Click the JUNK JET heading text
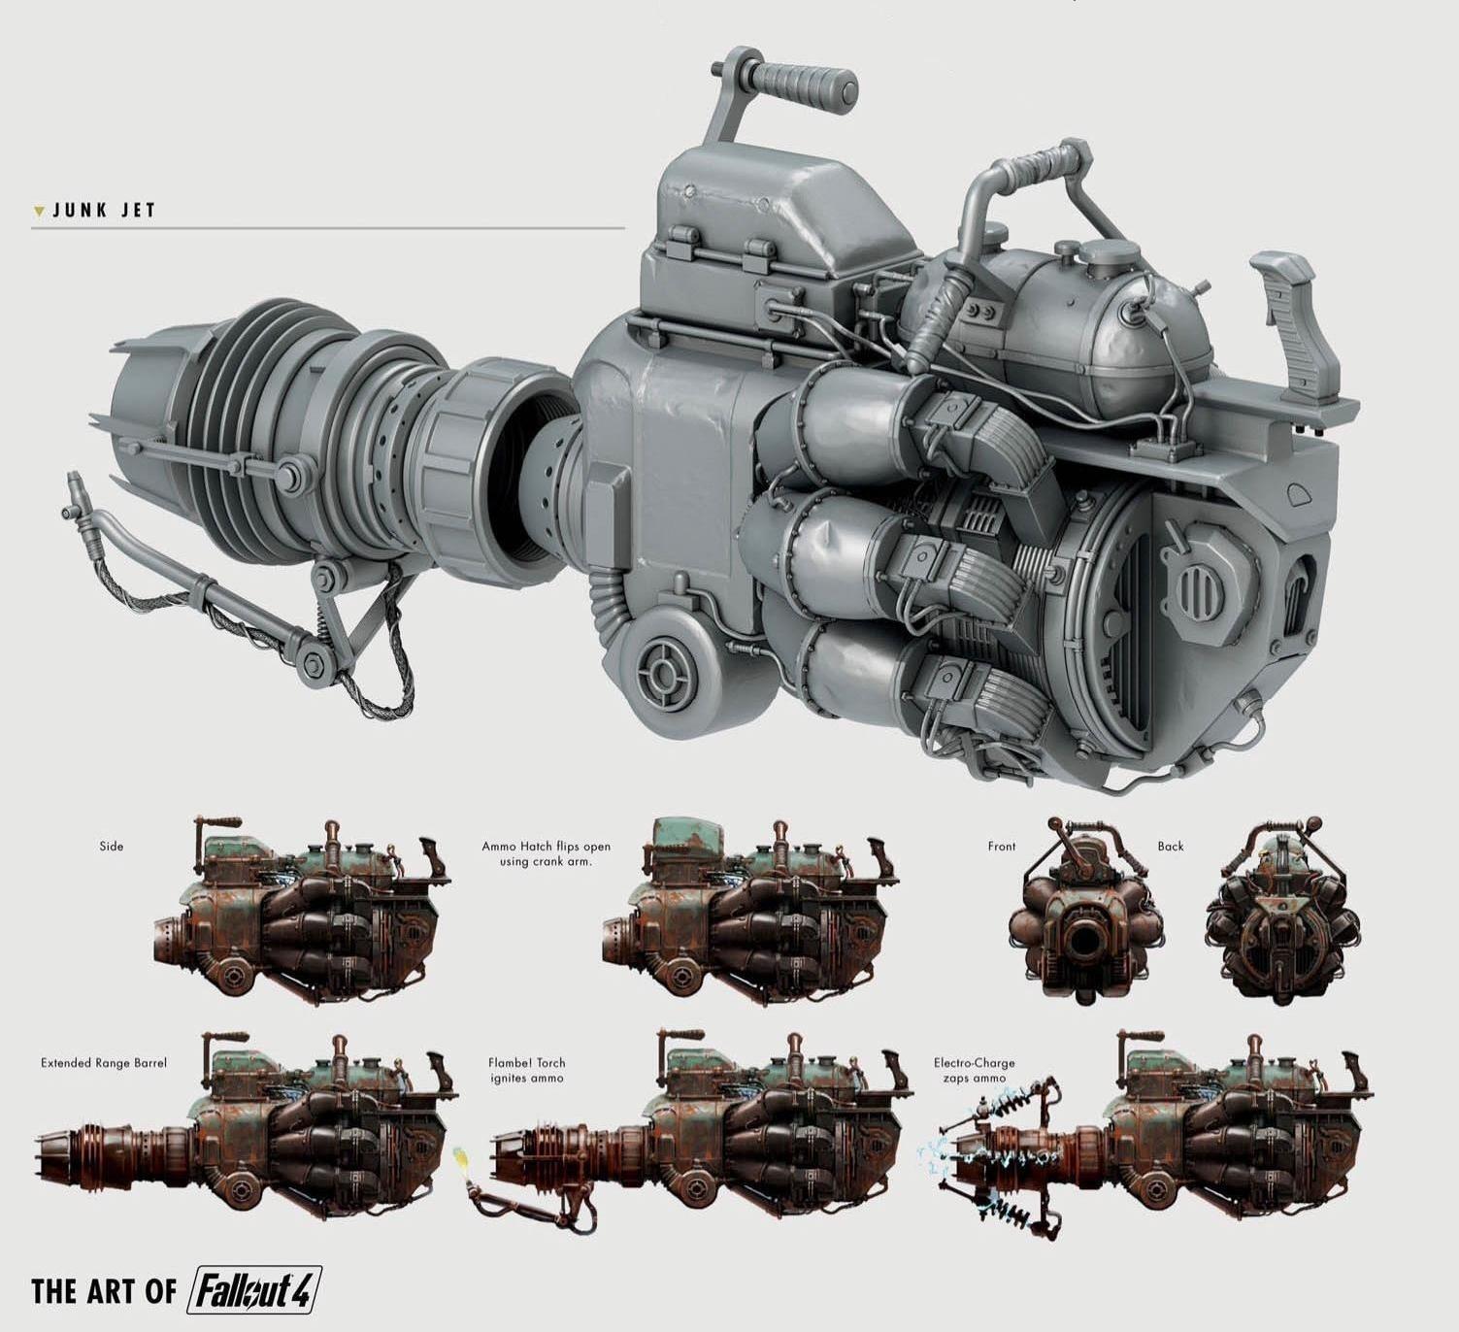[105, 211]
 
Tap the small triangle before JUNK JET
[39, 212]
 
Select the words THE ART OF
[104, 1291]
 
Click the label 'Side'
[112, 846]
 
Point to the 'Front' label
[1002, 846]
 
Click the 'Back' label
[1171, 846]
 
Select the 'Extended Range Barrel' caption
[103, 1063]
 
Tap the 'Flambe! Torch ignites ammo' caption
[526, 1070]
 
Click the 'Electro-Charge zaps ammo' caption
[974, 1070]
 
